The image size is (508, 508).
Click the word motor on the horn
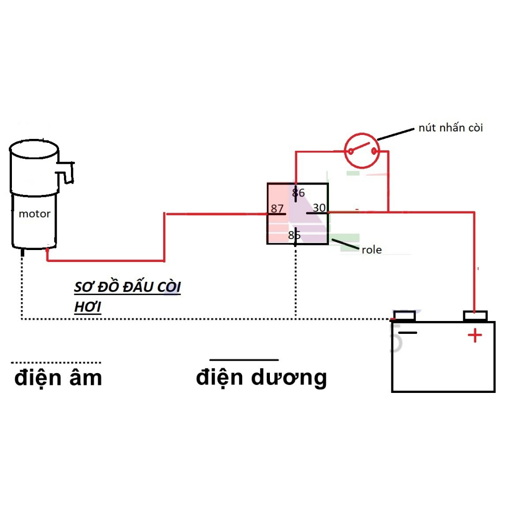click(34, 214)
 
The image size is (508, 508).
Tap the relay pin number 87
click(277, 209)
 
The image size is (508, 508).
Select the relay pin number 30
click(319, 208)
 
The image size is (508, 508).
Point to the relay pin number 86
click(298, 192)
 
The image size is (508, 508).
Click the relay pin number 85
click(294, 235)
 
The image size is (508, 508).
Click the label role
click(372, 250)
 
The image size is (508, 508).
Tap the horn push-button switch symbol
click(362, 150)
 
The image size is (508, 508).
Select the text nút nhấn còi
click(450, 127)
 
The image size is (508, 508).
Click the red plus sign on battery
click(474, 336)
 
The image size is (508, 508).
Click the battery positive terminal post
click(475, 316)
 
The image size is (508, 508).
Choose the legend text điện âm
click(58, 378)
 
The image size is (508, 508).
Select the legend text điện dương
click(261, 377)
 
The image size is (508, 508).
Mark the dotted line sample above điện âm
click(56, 362)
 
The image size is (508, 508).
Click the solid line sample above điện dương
click(244, 359)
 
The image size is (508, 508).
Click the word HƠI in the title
click(87, 308)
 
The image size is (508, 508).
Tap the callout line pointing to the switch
click(395, 134)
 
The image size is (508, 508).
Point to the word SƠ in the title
click(84, 288)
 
